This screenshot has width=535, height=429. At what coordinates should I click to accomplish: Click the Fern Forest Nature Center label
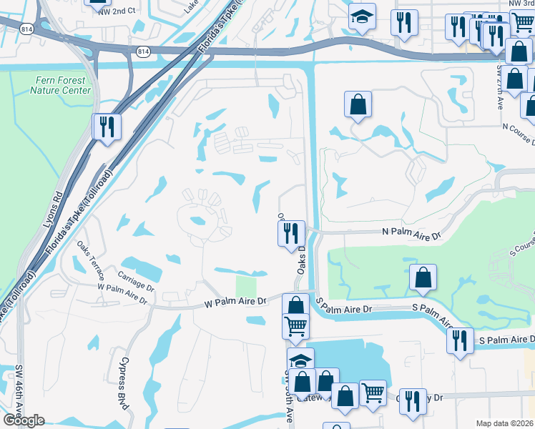[61, 86]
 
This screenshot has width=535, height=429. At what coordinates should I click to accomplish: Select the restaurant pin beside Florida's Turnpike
[107, 127]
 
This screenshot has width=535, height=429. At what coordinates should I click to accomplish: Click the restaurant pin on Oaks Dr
[290, 233]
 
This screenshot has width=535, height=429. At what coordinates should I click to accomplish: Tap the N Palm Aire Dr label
[412, 232]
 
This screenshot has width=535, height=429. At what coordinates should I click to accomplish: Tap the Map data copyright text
[504, 423]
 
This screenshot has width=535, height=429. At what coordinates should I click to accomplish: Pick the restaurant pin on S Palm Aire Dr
[459, 340]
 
